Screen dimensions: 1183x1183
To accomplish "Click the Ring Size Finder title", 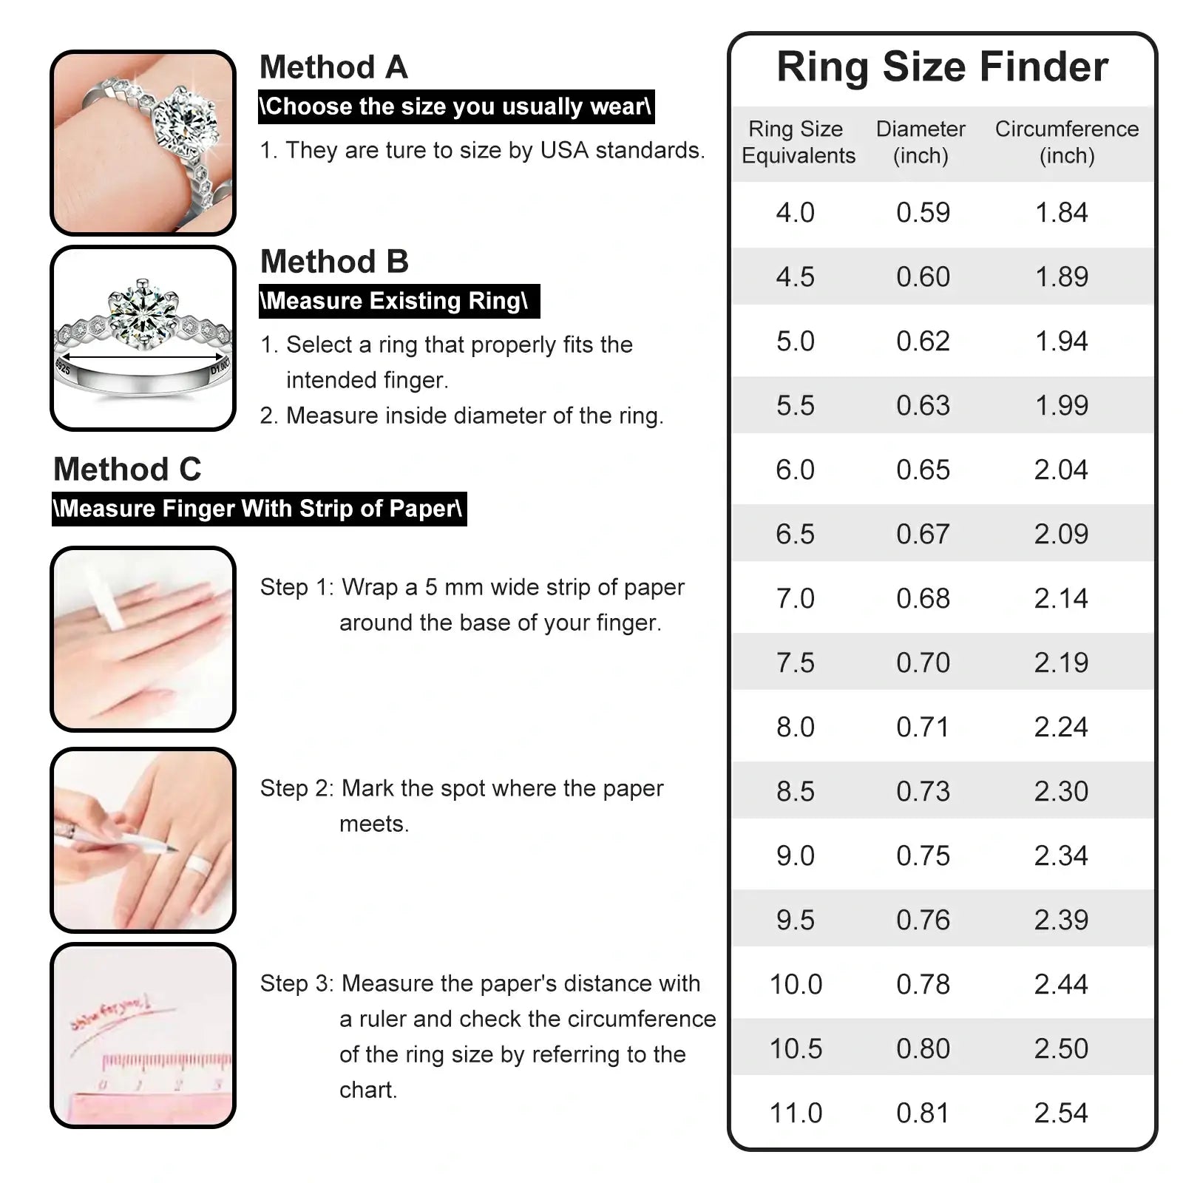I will pos(942,67).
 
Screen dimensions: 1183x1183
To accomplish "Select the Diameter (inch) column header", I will pos(921,142).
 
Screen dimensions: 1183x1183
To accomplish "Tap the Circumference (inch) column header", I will pos(1066,142).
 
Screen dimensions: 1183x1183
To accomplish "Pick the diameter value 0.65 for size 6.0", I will pos(923,470).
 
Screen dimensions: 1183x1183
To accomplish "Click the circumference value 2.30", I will pos(1061,791).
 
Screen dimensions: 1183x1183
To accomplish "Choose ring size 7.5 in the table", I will pos(795,662).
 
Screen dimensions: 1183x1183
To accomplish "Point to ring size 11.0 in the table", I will pos(796,1113).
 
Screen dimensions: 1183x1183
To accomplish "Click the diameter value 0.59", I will pos(923,212).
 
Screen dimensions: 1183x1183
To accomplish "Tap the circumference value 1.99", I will pos(1061,405).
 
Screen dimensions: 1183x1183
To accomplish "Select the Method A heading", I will pos(333,67).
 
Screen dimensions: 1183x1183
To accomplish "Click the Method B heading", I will pos(334,262).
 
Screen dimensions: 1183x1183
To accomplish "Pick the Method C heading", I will pos(127,470).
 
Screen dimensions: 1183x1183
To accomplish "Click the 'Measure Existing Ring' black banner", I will pos(399,301).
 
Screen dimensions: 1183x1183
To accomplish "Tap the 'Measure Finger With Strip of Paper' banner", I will pos(259,509).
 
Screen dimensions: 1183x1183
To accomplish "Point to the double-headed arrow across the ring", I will pos(142,357).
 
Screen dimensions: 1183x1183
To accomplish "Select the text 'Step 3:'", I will pos(296,983).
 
